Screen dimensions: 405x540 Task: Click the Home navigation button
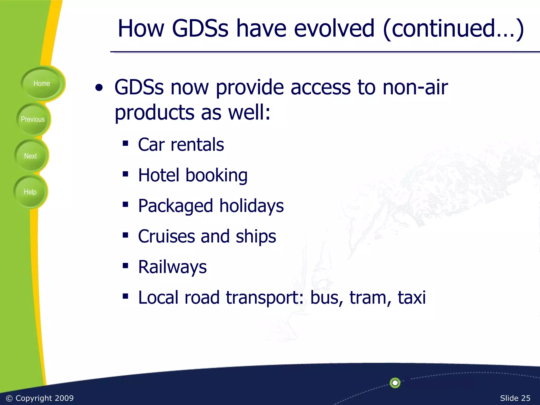(42, 84)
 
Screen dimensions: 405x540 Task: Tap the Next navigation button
(31, 156)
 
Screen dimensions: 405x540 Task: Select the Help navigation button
(30, 192)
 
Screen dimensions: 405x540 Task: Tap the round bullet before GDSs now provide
(99, 88)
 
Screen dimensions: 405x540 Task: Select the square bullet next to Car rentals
(125, 143)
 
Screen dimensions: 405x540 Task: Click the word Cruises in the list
(166, 236)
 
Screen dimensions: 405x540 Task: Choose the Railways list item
(172, 267)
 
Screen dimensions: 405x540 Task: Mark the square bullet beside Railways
(125, 266)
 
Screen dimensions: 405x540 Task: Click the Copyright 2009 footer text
(40, 398)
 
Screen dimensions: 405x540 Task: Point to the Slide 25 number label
(515, 398)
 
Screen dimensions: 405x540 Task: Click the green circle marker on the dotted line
(395, 383)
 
